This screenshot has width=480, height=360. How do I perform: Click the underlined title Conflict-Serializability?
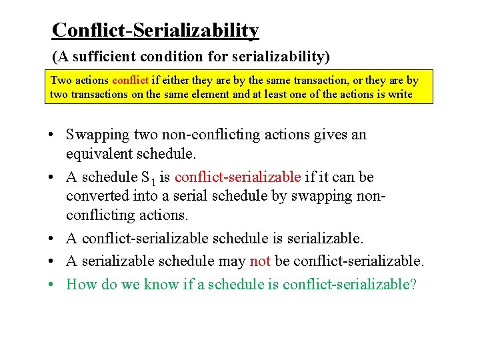155,30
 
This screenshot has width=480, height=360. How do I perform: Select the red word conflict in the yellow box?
130,81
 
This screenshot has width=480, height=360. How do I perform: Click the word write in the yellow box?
400,94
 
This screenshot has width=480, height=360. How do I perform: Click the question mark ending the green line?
413,285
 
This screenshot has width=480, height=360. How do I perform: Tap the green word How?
81,285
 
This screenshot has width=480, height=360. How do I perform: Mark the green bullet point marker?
51,285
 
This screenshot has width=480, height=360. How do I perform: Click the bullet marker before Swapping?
51,135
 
